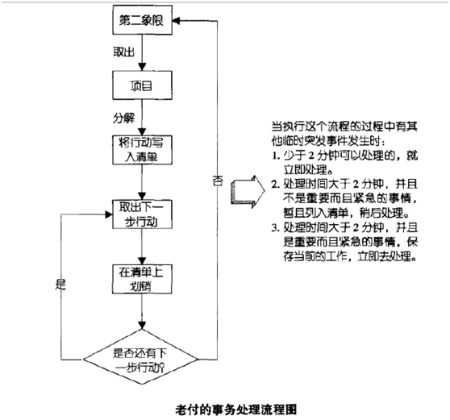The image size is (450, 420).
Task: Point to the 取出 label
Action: tap(123, 52)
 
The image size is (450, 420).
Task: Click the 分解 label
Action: tap(123, 118)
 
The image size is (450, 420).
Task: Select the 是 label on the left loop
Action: tap(60, 285)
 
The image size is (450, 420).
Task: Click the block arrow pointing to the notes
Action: tap(248, 191)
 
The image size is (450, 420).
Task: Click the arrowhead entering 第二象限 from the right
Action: tap(176, 21)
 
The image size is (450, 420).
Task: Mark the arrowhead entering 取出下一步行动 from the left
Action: tap(109, 214)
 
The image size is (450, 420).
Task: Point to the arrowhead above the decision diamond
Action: tap(142, 326)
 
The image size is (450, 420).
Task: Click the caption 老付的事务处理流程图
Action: tap(236, 410)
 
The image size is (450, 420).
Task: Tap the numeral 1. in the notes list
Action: tap(276, 156)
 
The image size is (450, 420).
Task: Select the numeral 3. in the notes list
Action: tap(276, 228)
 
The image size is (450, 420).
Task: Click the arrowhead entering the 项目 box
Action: tap(142, 67)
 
